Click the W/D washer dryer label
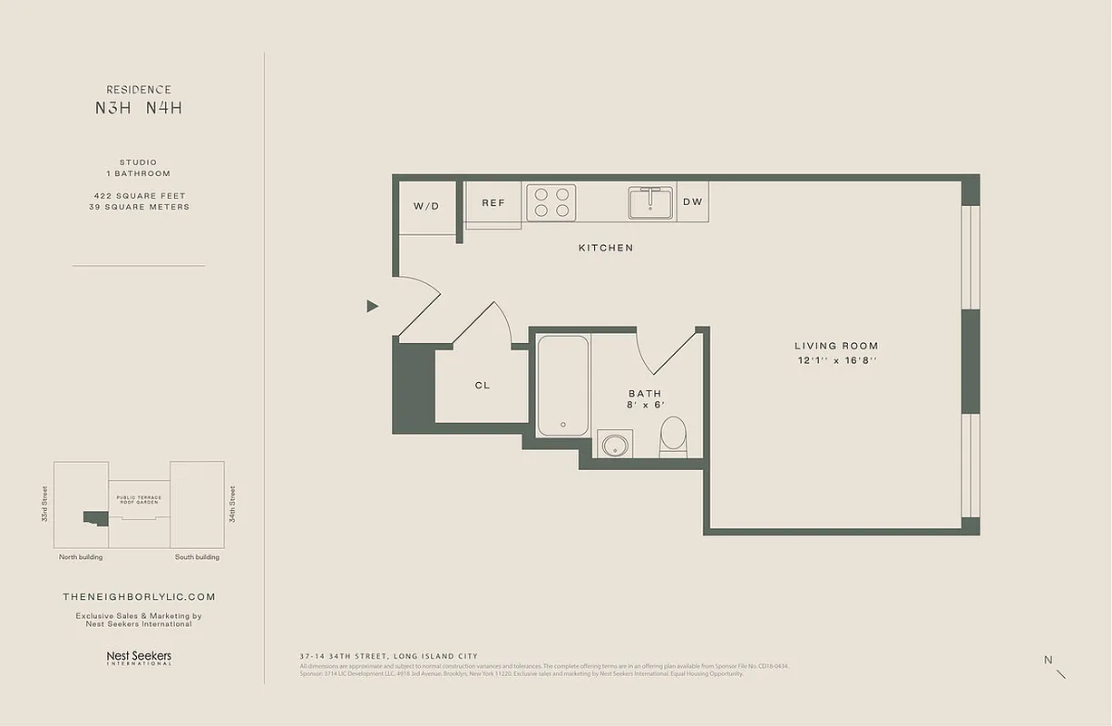pos(426,206)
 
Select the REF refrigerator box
pos(493,203)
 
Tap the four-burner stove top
pos(552,201)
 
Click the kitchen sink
pos(650,202)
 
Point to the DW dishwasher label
pos(692,202)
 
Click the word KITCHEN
pos(606,248)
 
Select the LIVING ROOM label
pos(836,346)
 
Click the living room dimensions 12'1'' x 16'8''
pos(836,360)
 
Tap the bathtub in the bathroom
pos(562,386)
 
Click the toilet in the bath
pos(673,436)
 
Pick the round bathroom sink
pos(615,445)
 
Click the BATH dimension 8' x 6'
pos(646,405)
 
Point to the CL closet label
pos(483,386)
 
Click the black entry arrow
pos(372,306)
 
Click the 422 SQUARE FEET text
pos(139,196)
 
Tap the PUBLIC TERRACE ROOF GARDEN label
pos(139,500)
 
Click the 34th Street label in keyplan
pos(232,504)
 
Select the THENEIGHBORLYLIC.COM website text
pos(139,597)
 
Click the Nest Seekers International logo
pos(139,657)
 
